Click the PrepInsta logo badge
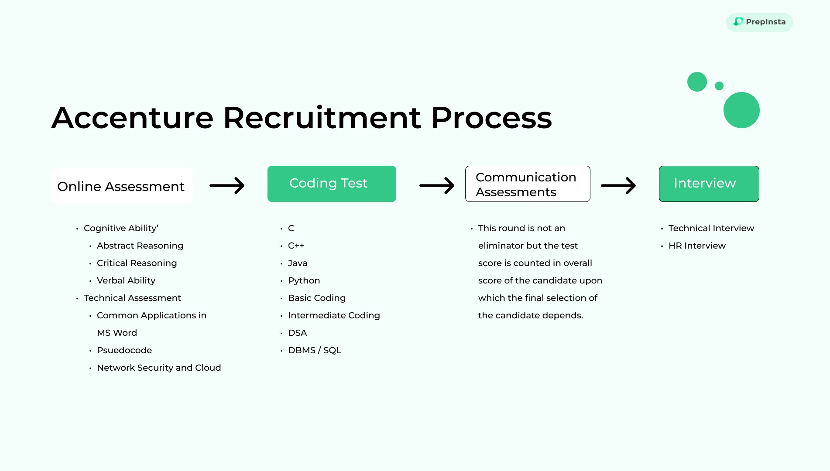(x=759, y=22)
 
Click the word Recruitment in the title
(x=322, y=118)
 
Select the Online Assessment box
(x=121, y=186)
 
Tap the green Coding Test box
(x=332, y=184)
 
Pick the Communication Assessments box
(x=527, y=184)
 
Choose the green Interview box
(x=709, y=184)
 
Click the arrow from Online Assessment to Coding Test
(x=227, y=185)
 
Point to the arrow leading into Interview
(x=618, y=185)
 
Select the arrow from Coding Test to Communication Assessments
(x=437, y=185)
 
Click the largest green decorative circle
(x=741, y=110)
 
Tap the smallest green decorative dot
(x=719, y=86)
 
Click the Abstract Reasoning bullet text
(x=140, y=246)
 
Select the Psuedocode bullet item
(x=124, y=350)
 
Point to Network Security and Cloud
(x=159, y=368)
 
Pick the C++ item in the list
(x=296, y=246)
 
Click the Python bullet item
(x=304, y=280)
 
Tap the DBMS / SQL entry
(x=314, y=350)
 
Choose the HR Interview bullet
(x=697, y=246)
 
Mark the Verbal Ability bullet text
(x=126, y=280)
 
